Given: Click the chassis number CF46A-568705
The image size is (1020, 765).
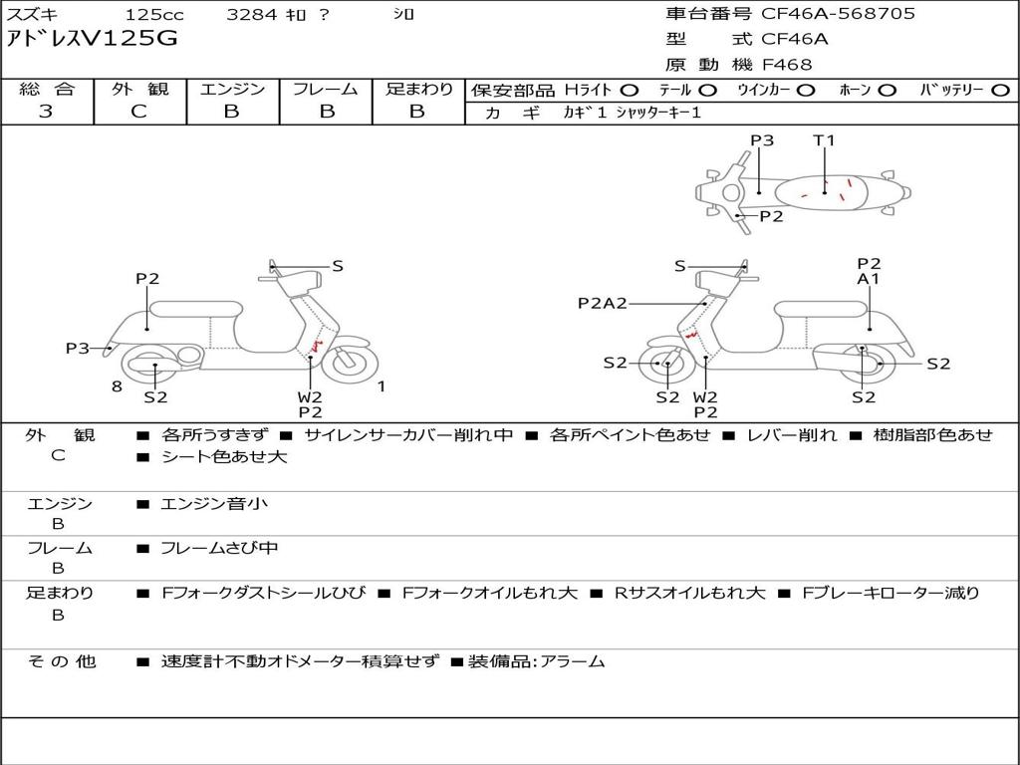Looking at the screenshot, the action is click(x=838, y=14).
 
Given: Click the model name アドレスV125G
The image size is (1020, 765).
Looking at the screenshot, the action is click(x=91, y=39).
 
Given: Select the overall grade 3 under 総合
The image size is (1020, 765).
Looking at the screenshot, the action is click(x=46, y=112).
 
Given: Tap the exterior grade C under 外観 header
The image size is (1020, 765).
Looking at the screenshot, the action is click(x=139, y=112).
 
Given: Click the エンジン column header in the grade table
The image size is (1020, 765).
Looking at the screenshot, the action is click(x=232, y=89).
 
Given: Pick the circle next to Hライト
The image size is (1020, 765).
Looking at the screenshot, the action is click(x=630, y=91).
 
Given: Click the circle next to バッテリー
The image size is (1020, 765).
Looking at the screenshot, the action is click(x=1000, y=91).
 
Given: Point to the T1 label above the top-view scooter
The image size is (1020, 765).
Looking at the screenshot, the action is click(x=824, y=139).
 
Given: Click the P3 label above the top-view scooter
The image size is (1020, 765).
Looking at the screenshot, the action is click(x=762, y=139).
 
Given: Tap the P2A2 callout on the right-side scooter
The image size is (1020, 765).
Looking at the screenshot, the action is click(x=603, y=303).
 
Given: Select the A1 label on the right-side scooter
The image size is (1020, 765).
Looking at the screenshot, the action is click(x=869, y=279).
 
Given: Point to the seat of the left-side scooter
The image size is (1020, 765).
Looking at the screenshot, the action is click(x=196, y=309).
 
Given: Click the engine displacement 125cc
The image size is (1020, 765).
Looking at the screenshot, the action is click(x=154, y=14).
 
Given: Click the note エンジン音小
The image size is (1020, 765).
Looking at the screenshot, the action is click(x=214, y=503).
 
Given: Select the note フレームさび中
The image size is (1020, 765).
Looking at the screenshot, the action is click(x=219, y=549).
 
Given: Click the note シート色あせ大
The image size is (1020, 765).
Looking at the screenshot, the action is click(x=224, y=456).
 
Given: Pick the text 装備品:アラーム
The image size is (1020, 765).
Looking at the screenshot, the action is click(x=537, y=661).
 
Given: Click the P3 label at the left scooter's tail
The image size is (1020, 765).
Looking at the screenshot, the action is click(x=78, y=348).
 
